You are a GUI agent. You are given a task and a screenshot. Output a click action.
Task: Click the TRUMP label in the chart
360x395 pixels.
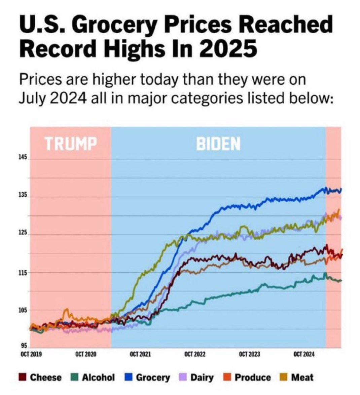(71, 144)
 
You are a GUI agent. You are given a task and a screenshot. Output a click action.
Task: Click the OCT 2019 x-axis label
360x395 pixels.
(31, 354)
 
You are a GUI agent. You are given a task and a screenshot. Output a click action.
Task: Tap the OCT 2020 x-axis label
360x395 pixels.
(86, 354)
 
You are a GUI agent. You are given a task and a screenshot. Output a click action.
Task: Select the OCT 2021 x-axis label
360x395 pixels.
(140, 354)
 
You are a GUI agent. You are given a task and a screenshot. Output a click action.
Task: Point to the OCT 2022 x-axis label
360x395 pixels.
(195, 354)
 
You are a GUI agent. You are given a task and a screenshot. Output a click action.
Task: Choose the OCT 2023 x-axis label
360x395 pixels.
(249, 354)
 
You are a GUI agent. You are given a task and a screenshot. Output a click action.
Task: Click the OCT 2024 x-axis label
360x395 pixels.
(304, 354)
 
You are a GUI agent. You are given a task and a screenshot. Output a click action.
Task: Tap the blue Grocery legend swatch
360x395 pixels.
(128, 378)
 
